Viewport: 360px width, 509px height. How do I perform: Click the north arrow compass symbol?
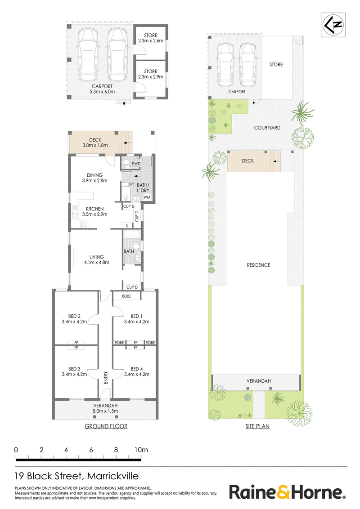[x=333, y=25]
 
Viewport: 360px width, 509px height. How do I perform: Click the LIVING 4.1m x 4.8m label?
[x=96, y=259]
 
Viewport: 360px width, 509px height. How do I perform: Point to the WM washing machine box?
[x=147, y=197]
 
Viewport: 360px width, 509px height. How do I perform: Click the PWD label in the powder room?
[x=136, y=164]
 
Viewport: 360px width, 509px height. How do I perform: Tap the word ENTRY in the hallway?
[x=106, y=378]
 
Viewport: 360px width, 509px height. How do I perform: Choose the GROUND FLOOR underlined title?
[x=106, y=426]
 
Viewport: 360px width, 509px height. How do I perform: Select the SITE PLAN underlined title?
[x=257, y=426]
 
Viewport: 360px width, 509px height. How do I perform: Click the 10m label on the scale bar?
[x=141, y=450]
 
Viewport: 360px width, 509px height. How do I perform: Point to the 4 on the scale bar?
[x=66, y=450]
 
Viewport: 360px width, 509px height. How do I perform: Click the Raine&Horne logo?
[x=287, y=492]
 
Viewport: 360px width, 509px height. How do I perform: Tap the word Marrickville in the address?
[x=113, y=476]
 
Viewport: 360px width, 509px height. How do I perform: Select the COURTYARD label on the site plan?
[x=267, y=128]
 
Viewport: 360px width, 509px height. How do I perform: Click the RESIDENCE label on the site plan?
[x=258, y=265]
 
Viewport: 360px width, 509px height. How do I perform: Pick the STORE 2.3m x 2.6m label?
[x=150, y=38]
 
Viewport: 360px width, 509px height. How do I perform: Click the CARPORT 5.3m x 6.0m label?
[x=102, y=89]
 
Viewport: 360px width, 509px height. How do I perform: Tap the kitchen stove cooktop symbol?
[x=84, y=224]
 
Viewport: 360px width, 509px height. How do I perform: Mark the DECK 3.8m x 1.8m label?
[x=95, y=143]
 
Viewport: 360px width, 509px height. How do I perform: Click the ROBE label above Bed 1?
[x=126, y=296]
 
